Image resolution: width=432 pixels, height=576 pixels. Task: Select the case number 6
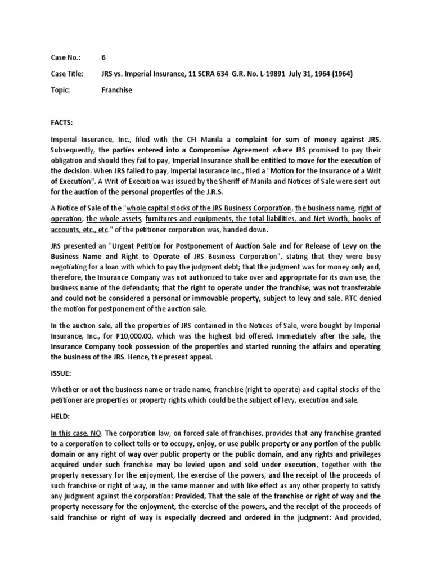(x=103, y=57)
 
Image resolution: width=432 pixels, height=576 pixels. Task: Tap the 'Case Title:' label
(x=67, y=73)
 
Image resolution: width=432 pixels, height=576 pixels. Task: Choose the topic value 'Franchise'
(x=117, y=89)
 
